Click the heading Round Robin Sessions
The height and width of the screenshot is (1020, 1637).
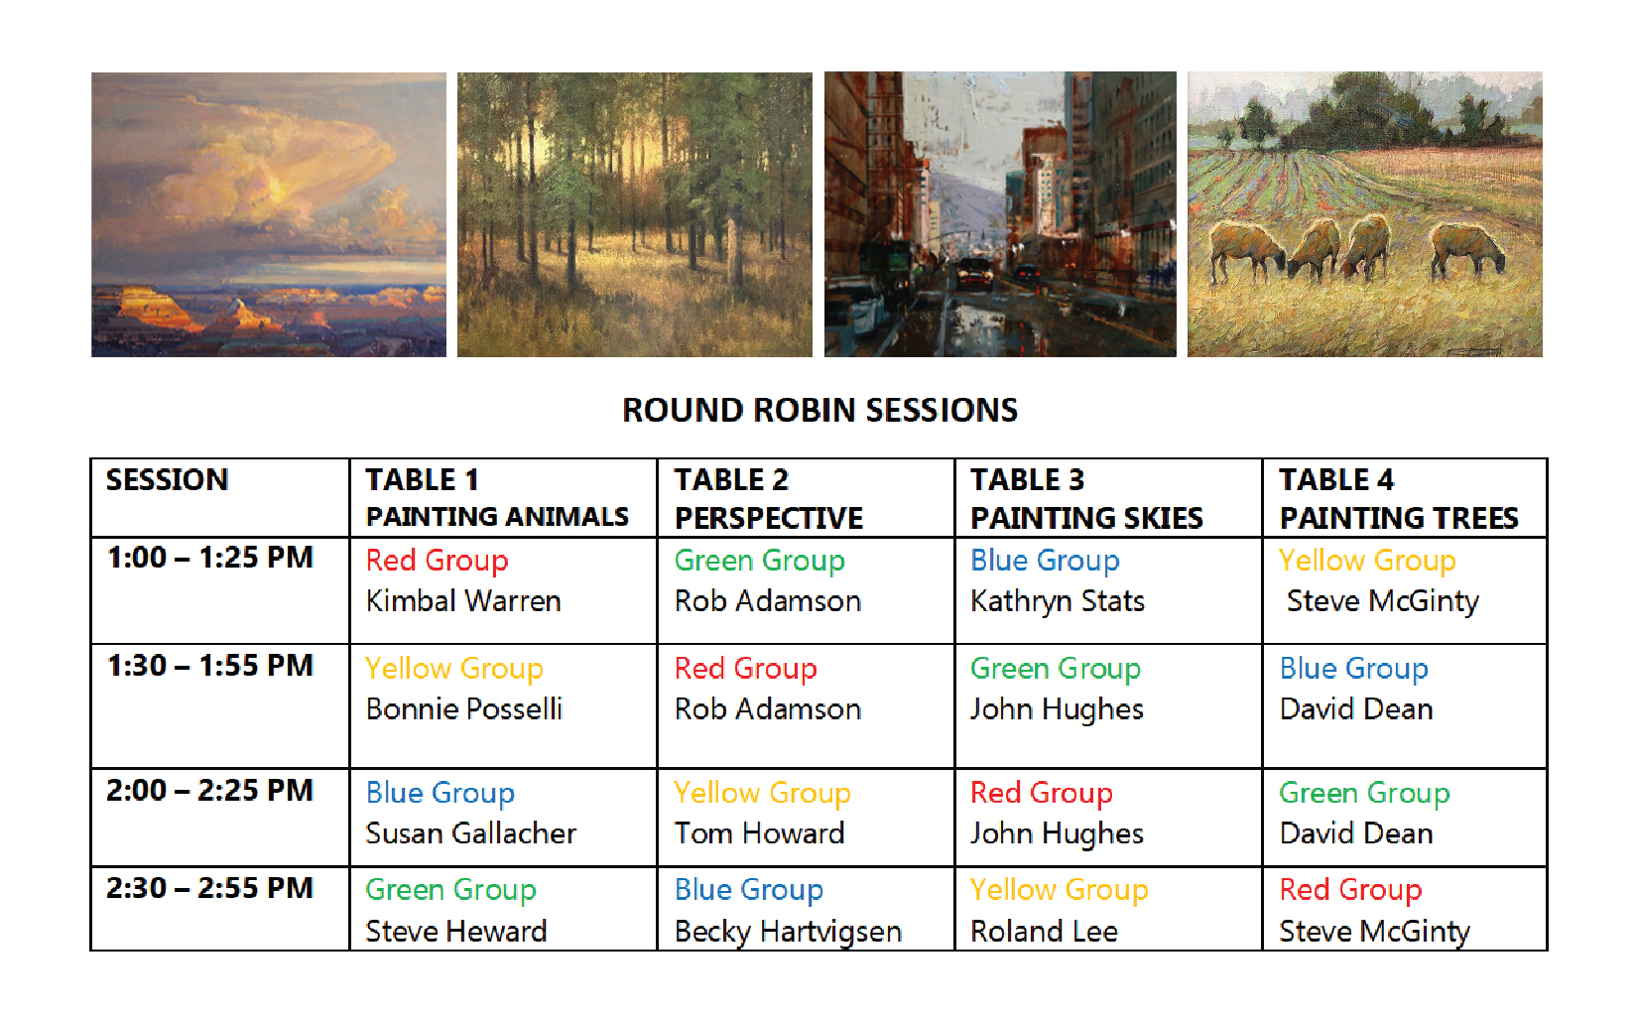[819, 410]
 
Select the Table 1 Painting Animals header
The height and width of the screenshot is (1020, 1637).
[497, 497]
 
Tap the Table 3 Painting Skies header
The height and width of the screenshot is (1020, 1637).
[1086, 498]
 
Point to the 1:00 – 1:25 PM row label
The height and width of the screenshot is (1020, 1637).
[210, 558]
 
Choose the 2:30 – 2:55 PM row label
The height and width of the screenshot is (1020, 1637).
[209, 888]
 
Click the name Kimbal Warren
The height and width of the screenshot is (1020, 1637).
[463, 600]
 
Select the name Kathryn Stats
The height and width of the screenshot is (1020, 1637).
[1057, 602]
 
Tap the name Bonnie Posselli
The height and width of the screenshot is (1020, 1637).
[464, 708]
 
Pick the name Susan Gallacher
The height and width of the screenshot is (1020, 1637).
[471, 832]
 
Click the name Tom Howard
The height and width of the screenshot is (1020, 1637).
[759, 832]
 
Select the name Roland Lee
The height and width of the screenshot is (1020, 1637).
[1044, 931]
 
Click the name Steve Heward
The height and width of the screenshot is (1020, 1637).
[456, 931]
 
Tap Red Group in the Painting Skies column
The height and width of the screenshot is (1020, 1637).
[1042, 794]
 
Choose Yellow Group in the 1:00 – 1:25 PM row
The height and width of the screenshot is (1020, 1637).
[1367, 562]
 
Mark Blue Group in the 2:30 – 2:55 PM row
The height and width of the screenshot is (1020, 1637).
[749, 891]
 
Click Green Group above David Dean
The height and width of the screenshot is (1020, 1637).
[1364, 794]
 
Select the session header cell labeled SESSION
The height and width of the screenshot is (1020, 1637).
[168, 480]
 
